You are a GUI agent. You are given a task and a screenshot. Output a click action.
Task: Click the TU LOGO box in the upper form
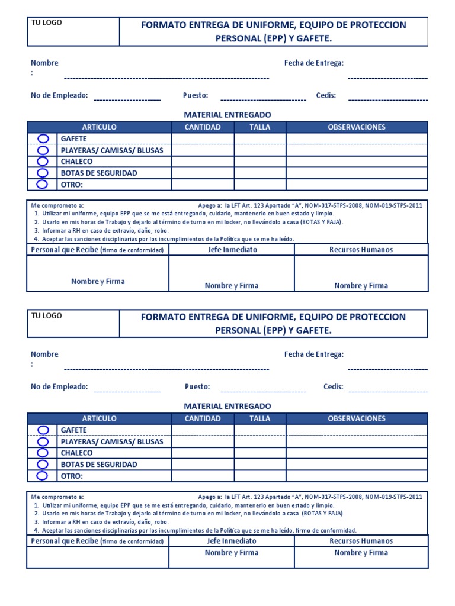pyautogui.click(x=73, y=31)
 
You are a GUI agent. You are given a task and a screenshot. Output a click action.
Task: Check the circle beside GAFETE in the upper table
pyautogui.click(x=43, y=138)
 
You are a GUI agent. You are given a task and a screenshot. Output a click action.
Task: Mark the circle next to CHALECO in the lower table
pyautogui.click(x=43, y=453)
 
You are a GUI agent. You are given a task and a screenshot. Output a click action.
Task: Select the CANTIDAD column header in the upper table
pyautogui.click(x=203, y=127)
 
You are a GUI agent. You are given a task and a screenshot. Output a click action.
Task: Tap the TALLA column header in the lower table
pyautogui.click(x=259, y=418)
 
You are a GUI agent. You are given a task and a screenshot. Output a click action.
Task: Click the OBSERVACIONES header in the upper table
pyautogui.click(x=357, y=127)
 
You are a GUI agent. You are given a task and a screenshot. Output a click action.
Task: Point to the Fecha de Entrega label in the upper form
pyautogui.click(x=314, y=63)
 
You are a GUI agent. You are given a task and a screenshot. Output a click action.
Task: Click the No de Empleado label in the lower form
pyautogui.click(x=59, y=386)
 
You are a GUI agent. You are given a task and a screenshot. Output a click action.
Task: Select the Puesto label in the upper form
pyautogui.click(x=196, y=95)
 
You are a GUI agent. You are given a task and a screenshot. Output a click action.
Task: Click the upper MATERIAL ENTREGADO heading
pyautogui.click(x=227, y=114)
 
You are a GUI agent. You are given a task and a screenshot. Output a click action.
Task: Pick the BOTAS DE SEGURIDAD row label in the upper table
pyautogui.click(x=99, y=173)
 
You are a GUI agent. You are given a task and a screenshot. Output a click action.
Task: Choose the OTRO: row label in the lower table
pyautogui.click(x=72, y=476)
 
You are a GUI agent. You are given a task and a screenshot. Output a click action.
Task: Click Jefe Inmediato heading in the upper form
pyautogui.click(x=232, y=250)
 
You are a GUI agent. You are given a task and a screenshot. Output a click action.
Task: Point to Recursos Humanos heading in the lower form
pyautogui.click(x=361, y=541)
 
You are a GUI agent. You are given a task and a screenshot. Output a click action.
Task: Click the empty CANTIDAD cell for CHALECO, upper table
pyautogui.click(x=203, y=162)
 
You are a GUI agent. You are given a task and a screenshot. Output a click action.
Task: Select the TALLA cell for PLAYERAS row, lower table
pyautogui.click(x=259, y=441)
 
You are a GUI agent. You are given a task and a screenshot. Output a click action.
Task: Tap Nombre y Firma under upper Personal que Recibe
pyautogui.click(x=98, y=282)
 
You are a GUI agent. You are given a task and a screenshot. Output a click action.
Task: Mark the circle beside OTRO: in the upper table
pyautogui.click(x=43, y=184)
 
